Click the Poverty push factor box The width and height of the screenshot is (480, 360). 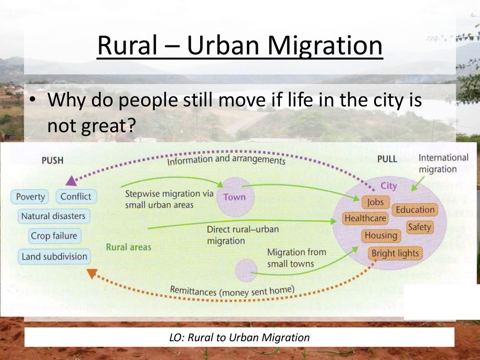point(30,197)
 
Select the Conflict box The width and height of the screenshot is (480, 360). point(76,196)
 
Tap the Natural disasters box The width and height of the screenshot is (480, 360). point(53,217)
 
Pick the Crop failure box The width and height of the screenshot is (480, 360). point(53,236)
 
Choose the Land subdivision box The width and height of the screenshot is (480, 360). point(54,256)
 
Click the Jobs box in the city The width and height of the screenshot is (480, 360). point(375,202)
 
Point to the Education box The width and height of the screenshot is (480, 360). point(415,210)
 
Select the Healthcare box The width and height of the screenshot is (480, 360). point(365,218)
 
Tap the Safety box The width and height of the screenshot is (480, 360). point(419,227)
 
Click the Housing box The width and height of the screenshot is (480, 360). point(381,235)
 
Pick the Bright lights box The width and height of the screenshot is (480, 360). point(395,254)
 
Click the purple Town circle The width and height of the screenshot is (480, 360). point(235,196)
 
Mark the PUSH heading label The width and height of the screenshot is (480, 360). point(52,160)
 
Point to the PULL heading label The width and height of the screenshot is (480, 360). point(387,159)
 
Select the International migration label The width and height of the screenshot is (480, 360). point(443,163)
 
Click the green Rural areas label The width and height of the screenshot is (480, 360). point(128,247)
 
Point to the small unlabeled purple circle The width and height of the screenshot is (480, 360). point(246,270)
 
